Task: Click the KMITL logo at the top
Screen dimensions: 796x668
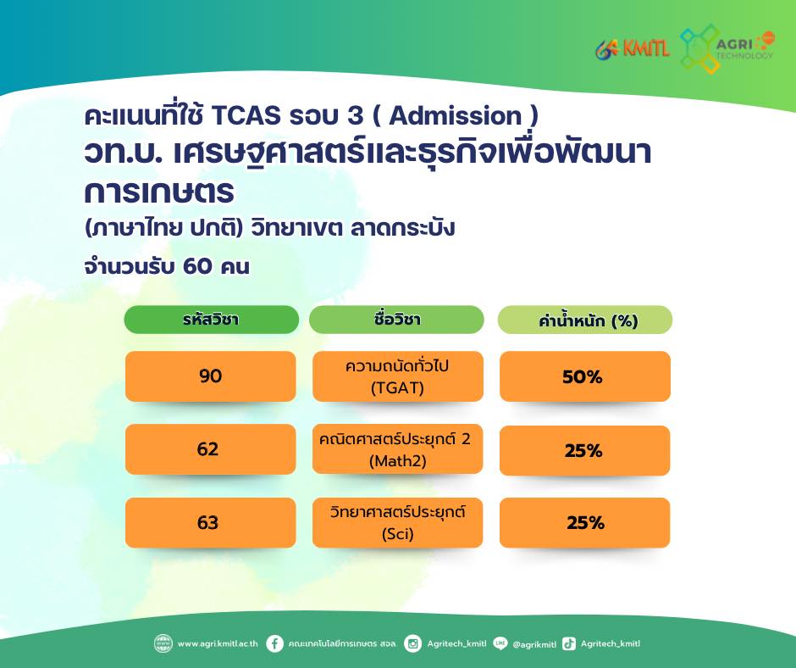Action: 633,49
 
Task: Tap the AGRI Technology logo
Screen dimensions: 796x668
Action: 727,49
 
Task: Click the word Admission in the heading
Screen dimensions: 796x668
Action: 456,115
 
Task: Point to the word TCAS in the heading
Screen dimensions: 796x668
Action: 246,115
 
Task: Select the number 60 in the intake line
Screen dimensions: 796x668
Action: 197,266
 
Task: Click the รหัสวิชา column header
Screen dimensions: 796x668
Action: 211,320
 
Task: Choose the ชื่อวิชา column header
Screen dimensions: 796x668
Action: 396,320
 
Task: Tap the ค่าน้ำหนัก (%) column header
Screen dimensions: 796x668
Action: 585,320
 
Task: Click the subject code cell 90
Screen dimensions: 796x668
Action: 210,376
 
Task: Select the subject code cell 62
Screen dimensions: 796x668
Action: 210,449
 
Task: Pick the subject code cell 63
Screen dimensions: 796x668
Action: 210,522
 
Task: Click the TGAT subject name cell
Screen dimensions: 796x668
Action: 397,376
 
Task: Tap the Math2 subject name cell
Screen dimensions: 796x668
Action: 397,449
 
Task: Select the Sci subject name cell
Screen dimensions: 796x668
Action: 397,522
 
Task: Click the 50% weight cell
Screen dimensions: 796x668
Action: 585,376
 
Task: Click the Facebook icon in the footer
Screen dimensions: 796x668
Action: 274,643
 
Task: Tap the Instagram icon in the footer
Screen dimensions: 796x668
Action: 412,643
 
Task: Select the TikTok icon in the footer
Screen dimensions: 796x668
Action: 569,643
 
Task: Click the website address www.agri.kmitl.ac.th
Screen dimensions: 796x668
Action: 218,643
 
